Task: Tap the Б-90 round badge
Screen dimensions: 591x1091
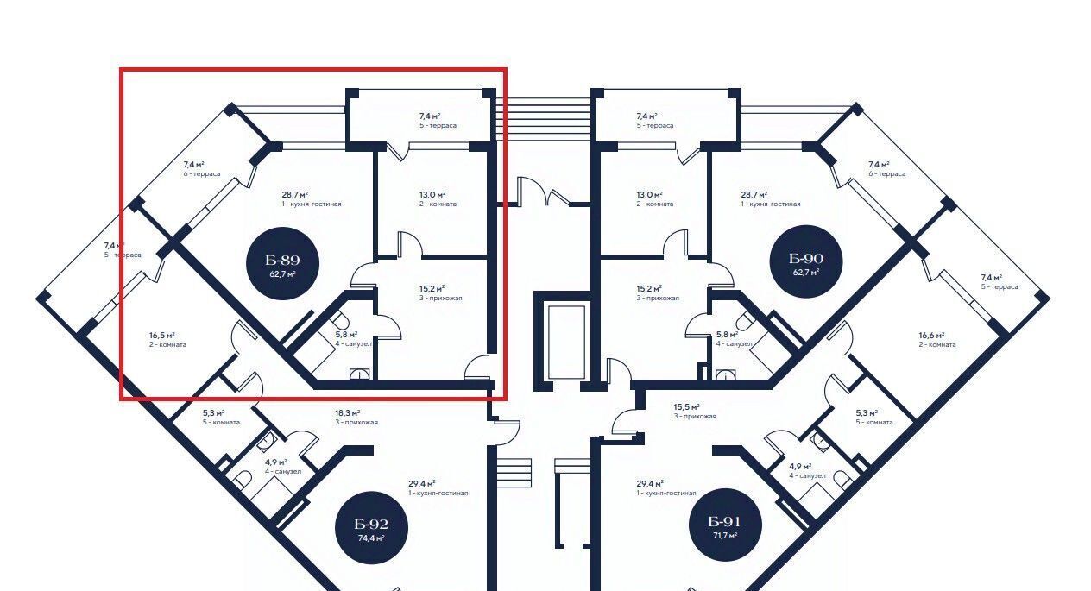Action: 806,264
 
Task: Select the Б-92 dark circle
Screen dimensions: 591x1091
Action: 371,529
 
